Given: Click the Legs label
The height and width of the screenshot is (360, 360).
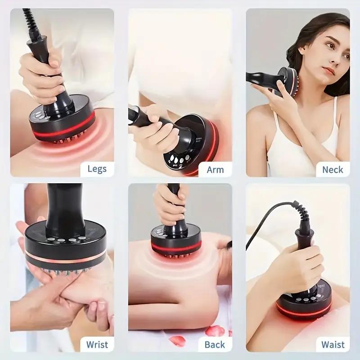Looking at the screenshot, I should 97,169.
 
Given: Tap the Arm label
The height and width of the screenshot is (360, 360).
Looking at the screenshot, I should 215,170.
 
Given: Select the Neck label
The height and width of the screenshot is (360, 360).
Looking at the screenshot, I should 333,170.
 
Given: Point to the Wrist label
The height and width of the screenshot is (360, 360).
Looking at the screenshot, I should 97,345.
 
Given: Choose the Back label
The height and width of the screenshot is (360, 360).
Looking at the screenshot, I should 215,345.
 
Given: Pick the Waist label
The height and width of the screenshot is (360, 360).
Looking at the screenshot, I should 333,345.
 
